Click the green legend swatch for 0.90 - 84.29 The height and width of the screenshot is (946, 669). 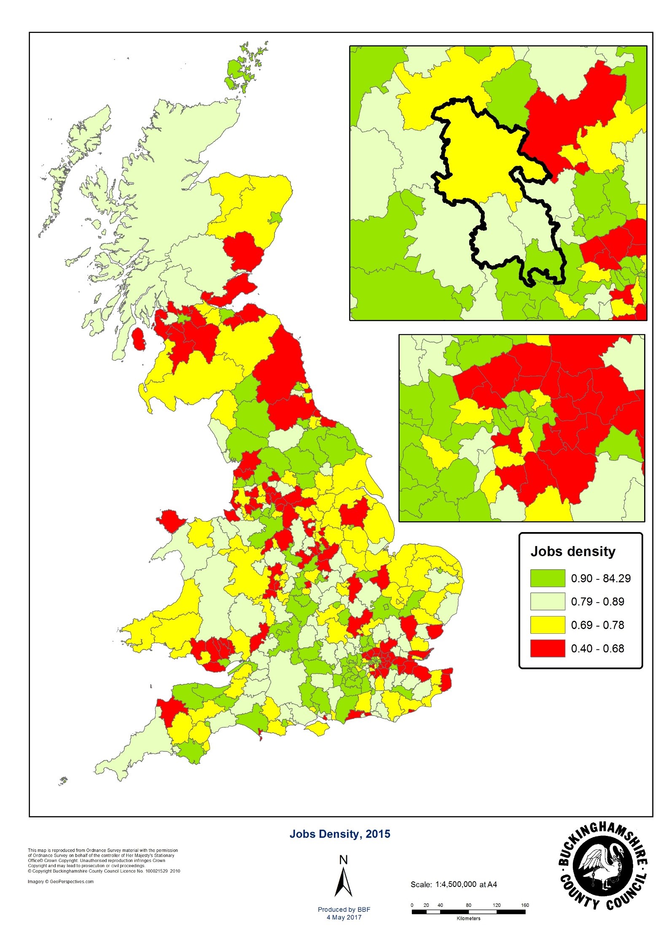[x=547, y=578]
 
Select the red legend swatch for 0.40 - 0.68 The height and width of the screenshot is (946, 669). [x=547, y=648]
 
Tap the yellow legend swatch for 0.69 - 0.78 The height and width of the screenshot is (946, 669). [x=547, y=625]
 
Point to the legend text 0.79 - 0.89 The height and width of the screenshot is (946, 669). [x=597, y=602]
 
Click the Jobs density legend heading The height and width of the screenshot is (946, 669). [x=572, y=551]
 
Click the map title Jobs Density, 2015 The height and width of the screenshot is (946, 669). [x=340, y=834]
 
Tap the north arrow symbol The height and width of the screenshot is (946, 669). [x=343, y=881]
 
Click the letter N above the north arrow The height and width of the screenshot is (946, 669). [x=343, y=860]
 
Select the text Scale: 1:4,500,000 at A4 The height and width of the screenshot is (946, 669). [x=454, y=884]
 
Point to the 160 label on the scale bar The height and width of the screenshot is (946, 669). [x=524, y=905]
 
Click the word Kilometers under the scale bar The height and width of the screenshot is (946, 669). [x=468, y=918]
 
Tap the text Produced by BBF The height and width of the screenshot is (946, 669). [x=344, y=910]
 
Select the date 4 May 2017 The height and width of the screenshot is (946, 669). [x=344, y=917]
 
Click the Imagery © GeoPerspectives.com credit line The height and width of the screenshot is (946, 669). [x=61, y=881]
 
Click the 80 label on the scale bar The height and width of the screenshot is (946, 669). [x=468, y=905]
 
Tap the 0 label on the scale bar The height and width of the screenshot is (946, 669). [x=412, y=905]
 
